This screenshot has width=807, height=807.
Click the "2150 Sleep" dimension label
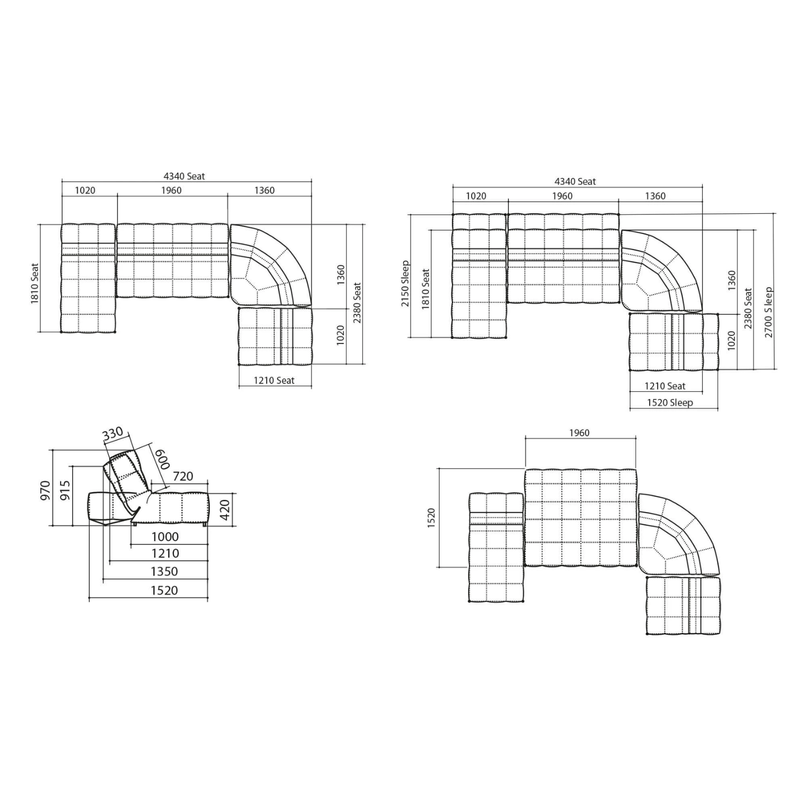(x=405, y=283)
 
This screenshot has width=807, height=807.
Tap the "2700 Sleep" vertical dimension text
(x=768, y=312)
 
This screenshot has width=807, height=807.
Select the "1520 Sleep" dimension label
(x=670, y=402)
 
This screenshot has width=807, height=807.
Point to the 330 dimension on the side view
(x=112, y=433)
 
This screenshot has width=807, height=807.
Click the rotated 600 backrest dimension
(x=163, y=459)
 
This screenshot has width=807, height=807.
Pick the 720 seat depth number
(x=183, y=476)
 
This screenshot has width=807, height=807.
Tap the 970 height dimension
(x=45, y=491)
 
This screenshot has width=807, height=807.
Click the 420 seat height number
(x=225, y=510)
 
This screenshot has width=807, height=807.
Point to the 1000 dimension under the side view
(x=165, y=537)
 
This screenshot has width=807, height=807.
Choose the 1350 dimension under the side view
(x=164, y=571)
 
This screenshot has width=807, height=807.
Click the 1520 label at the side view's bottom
(x=164, y=590)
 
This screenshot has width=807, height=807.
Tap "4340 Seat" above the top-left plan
(x=184, y=176)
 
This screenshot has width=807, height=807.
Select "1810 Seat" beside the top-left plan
(x=35, y=283)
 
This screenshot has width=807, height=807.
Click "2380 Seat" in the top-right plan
(x=748, y=308)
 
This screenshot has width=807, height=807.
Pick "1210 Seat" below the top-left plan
(x=274, y=380)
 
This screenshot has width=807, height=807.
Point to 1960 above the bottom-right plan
(x=579, y=433)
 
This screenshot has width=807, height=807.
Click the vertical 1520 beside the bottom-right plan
(x=431, y=518)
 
